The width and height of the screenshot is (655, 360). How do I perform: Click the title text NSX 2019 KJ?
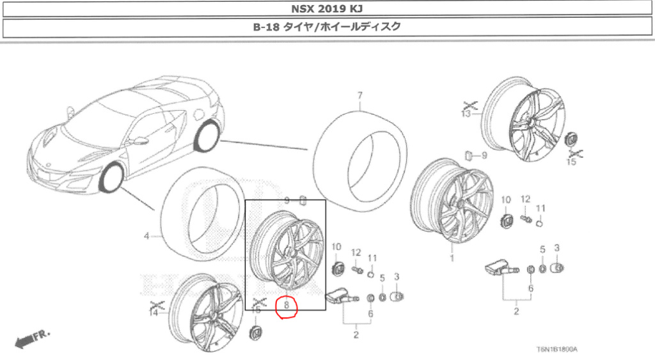[x=327, y=9]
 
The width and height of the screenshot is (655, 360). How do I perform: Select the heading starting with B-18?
[x=327, y=27]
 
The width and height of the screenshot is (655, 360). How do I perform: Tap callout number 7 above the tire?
[x=360, y=96]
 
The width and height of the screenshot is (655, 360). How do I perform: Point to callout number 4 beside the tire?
[x=146, y=237]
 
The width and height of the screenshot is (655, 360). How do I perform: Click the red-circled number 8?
[x=287, y=305]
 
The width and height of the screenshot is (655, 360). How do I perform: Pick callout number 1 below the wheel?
[x=452, y=258]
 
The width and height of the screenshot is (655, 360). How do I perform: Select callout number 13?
[x=466, y=114]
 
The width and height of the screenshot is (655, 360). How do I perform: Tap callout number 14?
[x=154, y=313]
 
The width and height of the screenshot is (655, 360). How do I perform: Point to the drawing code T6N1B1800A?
[x=557, y=349]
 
